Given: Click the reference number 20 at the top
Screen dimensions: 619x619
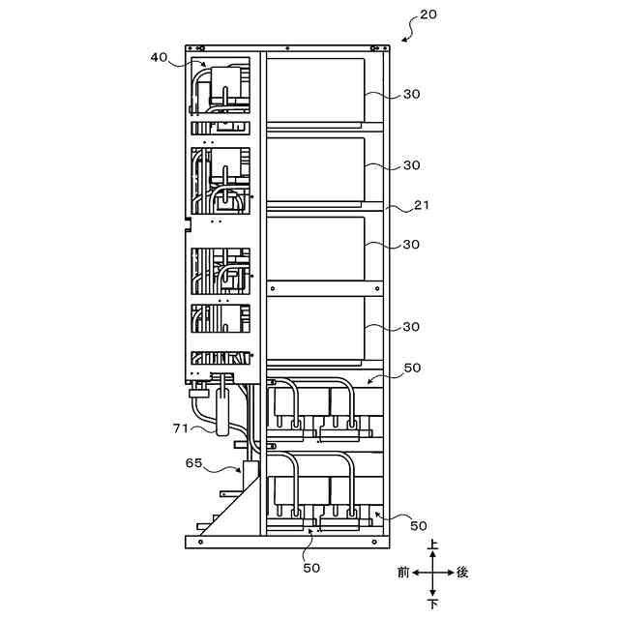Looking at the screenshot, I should (x=428, y=15).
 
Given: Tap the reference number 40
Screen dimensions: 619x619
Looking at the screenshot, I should (x=160, y=58).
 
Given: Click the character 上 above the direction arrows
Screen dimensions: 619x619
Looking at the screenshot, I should (x=433, y=546).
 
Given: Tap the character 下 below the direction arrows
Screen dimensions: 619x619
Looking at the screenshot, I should (x=433, y=603).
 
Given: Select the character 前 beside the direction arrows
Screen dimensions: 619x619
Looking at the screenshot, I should (x=402, y=573).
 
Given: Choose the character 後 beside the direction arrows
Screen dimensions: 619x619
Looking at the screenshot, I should (x=462, y=573).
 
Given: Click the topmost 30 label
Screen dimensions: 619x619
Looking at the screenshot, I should (x=411, y=94).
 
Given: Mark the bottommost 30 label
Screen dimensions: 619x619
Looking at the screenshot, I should (x=411, y=327).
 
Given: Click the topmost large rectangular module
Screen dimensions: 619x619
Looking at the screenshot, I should (x=315, y=89).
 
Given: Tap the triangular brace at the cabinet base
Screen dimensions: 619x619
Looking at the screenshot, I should (x=233, y=513).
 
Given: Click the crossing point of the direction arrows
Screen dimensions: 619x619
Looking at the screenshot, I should (x=433, y=573).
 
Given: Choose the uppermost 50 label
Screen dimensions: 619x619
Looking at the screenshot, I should (x=411, y=368).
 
